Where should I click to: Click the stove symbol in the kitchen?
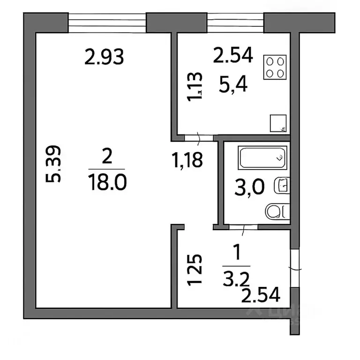coord(275,67)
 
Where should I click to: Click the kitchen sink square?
coord(278,123)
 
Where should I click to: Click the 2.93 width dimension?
coord(104,58)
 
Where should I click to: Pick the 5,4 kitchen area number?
coord(233,85)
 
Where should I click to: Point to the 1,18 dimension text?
coord(187,160)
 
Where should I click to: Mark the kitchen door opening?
coord(199,137)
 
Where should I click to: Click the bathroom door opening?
coord(243,227)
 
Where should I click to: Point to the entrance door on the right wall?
coord(294,269)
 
